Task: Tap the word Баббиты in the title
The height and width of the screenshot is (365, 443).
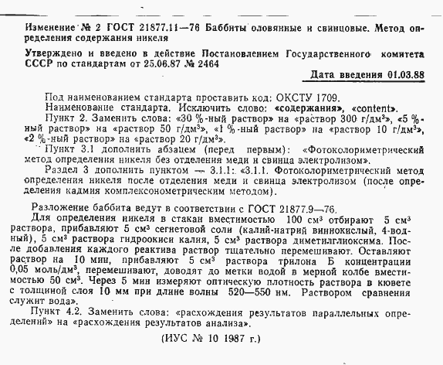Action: tap(231, 28)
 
